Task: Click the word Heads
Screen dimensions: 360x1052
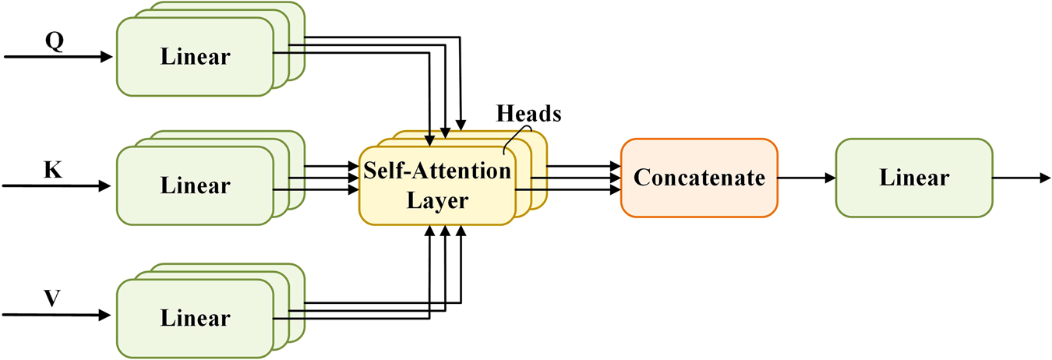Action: [x=528, y=113]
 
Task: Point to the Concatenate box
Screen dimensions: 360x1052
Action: [x=699, y=178]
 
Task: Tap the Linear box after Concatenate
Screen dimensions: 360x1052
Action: [x=914, y=178]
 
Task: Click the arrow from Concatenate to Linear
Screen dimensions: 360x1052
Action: [x=807, y=178]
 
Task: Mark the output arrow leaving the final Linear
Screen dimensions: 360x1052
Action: [x=1021, y=178]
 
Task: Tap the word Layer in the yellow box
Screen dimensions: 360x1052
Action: [x=436, y=201]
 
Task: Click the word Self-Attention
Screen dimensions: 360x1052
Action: [x=436, y=170]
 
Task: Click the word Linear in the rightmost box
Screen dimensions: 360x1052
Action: [x=914, y=178]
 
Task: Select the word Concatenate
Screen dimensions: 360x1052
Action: [x=699, y=178]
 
